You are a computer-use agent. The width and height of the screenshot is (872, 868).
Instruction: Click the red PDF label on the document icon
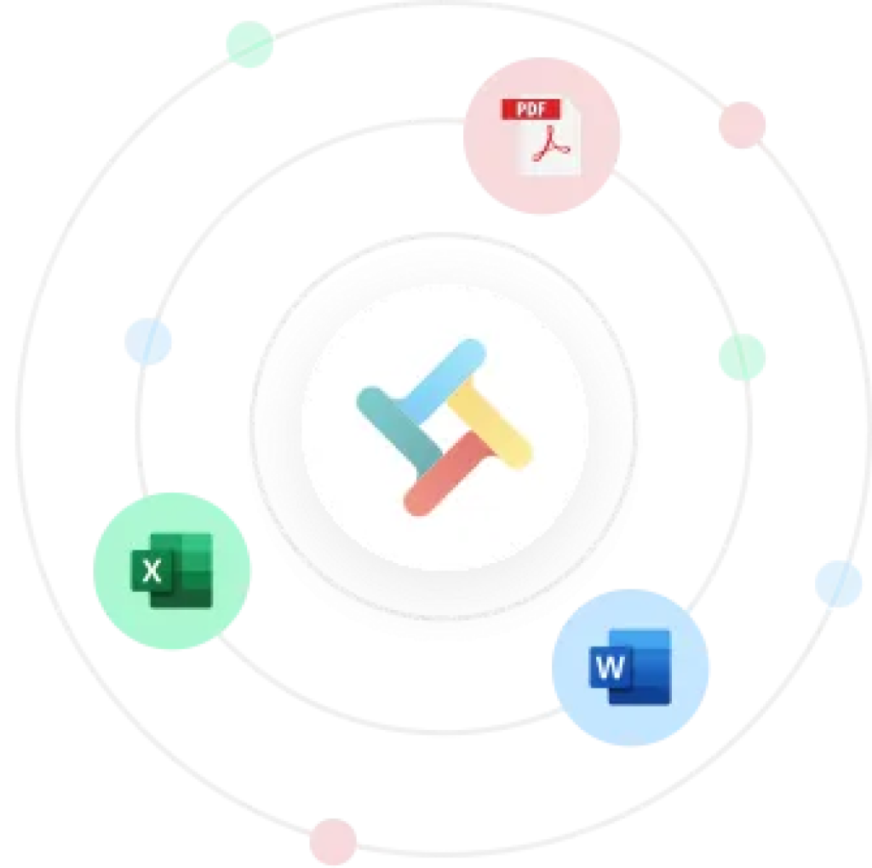click(531, 109)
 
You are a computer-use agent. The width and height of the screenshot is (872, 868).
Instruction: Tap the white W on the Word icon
click(610, 666)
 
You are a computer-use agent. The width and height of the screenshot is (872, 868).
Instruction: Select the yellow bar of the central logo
click(490, 426)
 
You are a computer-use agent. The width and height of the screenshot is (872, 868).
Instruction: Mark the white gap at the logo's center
click(444, 426)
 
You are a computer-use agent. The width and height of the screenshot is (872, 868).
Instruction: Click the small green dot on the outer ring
click(250, 44)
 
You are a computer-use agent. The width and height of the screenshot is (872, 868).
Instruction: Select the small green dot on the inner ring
click(743, 357)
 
